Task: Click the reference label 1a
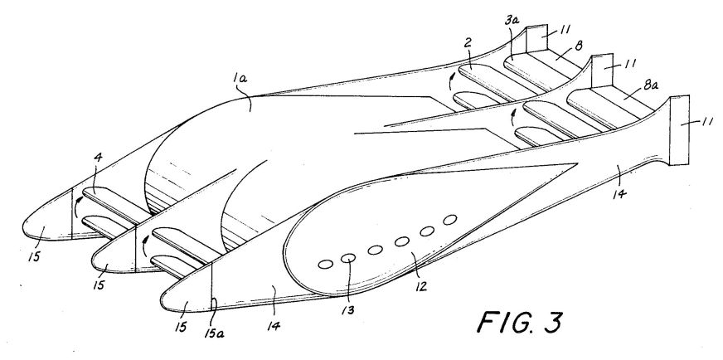240,79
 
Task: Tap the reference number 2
468,43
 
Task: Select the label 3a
511,21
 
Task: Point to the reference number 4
97,158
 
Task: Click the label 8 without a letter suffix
579,45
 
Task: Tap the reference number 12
420,286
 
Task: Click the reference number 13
348,309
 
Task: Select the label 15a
214,333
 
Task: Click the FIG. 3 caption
520,322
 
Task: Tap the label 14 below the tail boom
619,194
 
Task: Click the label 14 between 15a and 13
274,326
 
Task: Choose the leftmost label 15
34,256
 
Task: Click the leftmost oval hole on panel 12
326,265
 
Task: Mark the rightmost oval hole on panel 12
449,220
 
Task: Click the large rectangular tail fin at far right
679,129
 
